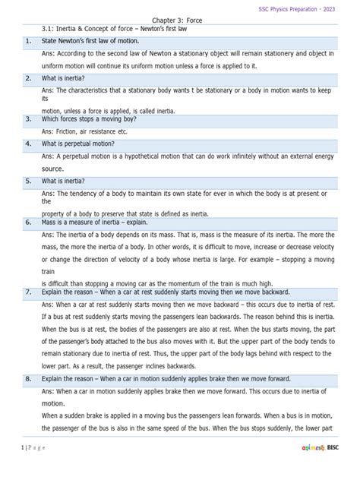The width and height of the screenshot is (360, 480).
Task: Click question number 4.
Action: click(x=27, y=143)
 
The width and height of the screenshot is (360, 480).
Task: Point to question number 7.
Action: click(x=27, y=291)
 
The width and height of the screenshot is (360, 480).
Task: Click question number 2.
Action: click(x=27, y=77)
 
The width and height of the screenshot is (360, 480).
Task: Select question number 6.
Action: click(x=27, y=222)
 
